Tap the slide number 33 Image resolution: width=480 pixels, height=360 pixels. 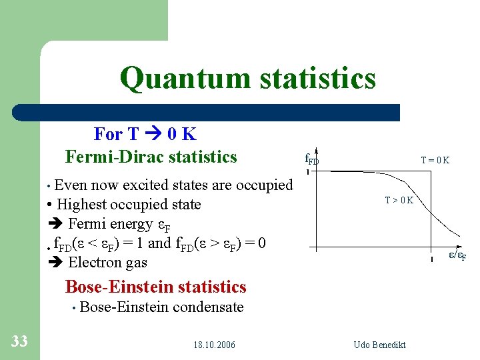(x=19, y=341)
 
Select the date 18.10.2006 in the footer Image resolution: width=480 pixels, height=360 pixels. (x=214, y=345)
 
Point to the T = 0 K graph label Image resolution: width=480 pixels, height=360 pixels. (x=435, y=160)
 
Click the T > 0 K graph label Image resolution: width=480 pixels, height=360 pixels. (x=399, y=200)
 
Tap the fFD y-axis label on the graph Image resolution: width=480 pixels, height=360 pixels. (x=312, y=159)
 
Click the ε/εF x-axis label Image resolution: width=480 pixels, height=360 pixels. (x=455, y=255)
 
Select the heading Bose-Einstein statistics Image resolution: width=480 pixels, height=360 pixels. (x=155, y=287)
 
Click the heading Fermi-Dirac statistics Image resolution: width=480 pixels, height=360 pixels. (x=151, y=157)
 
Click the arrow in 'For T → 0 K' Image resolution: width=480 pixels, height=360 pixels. (x=154, y=135)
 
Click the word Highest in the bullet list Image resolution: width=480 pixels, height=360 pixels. (x=82, y=204)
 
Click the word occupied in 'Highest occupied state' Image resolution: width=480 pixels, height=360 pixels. (x=140, y=205)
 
